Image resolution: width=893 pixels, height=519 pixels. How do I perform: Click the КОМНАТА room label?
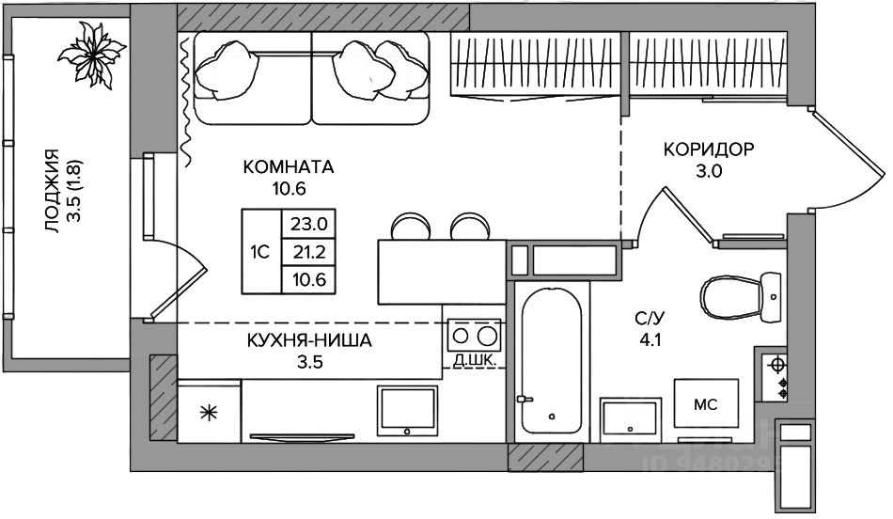tap(289, 167)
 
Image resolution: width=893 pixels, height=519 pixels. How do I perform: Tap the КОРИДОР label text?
tap(709, 149)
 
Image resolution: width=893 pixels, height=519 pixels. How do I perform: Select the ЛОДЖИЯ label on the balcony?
tap(52, 191)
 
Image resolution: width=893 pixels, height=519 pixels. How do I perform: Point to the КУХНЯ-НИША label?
tap(309, 340)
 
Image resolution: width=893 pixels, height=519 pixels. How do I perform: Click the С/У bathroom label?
tap(650, 319)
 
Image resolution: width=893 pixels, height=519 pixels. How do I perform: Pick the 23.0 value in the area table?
tap(309, 224)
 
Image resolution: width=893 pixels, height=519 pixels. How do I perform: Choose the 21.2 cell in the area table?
tap(309, 252)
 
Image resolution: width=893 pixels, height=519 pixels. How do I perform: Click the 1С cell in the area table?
tap(259, 252)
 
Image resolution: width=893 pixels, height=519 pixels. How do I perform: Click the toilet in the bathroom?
tap(741, 298)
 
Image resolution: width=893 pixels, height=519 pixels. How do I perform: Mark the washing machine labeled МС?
tap(706, 404)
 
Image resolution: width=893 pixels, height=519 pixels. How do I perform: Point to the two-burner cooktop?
tap(474, 336)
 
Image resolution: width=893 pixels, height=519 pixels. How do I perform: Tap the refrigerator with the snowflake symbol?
tap(209, 411)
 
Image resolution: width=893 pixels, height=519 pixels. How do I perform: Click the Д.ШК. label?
tap(474, 360)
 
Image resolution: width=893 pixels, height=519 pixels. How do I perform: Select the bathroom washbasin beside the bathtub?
tap(631, 420)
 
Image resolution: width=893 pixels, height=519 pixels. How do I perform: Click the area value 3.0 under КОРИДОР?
tap(709, 171)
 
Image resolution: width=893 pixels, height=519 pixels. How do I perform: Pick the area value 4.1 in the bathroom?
tap(650, 340)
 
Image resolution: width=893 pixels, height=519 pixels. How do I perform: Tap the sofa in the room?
tap(311, 78)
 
